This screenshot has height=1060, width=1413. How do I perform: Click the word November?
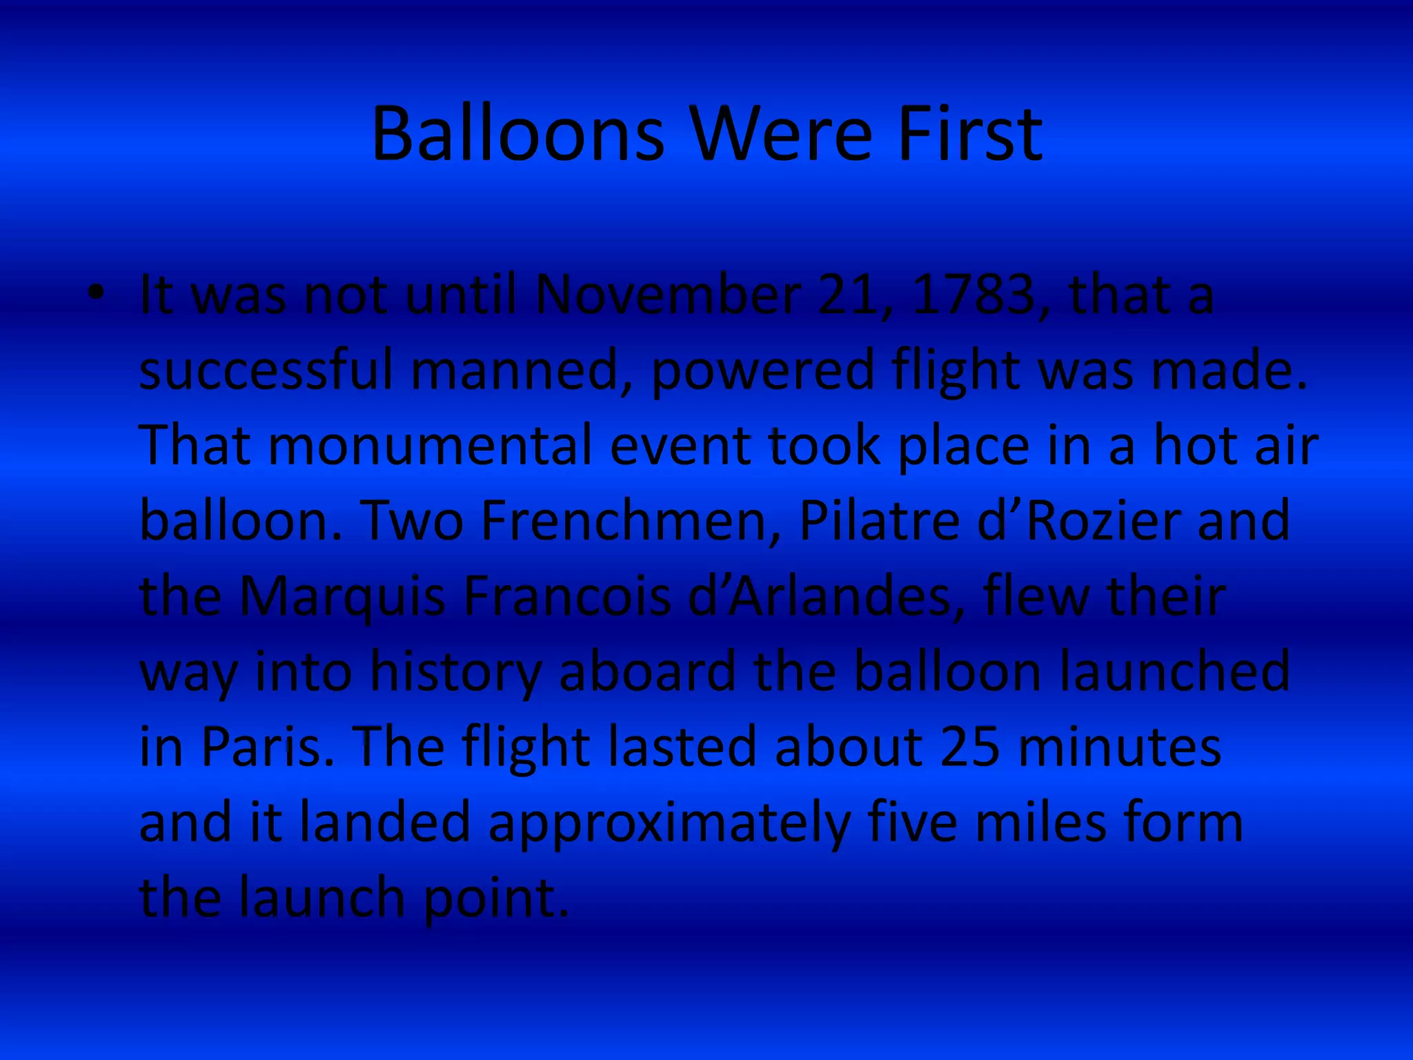coord(668,295)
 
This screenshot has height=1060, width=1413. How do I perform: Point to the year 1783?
coord(974,295)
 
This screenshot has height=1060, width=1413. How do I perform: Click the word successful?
coord(266,371)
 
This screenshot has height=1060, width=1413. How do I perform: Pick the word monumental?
coord(431,446)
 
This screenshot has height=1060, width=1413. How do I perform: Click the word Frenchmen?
coord(631,521)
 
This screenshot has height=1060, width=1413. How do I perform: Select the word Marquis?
coord(342,596)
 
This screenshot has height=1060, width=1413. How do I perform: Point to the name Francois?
coord(566,596)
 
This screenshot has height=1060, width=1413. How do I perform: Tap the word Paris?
coord(261,747)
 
